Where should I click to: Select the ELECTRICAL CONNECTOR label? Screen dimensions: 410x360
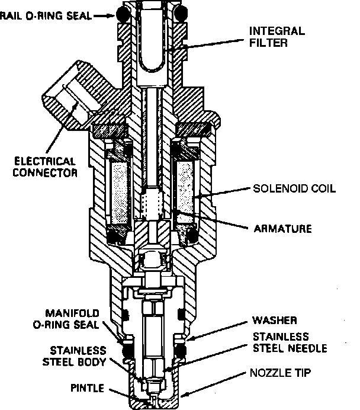point(46,166)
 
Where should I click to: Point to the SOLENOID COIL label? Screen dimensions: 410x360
point(294,189)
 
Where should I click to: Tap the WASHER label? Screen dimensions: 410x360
point(273,320)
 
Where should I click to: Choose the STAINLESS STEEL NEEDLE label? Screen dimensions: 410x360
point(290,343)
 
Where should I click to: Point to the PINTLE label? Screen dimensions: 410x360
point(86,389)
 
